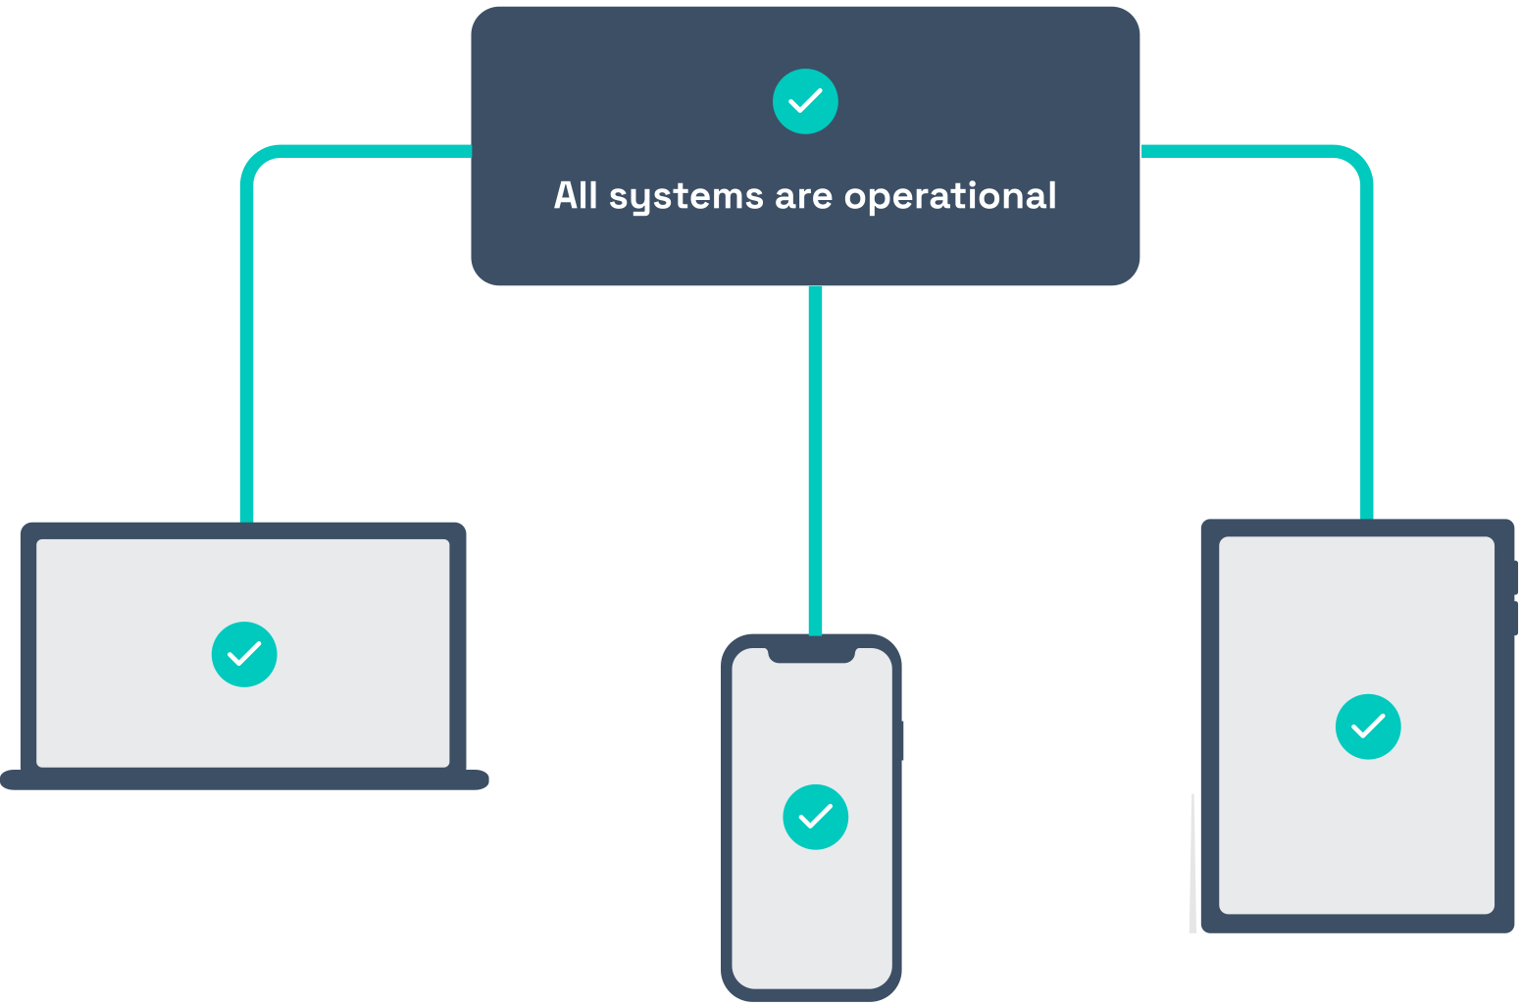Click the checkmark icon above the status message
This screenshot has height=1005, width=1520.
805,101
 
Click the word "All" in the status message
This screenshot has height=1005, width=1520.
576,195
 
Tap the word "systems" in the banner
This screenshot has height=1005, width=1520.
685,197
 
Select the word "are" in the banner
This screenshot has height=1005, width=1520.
803,197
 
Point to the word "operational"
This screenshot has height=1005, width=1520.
950,197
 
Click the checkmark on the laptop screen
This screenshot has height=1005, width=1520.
244,654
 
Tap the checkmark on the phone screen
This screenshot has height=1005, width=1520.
815,817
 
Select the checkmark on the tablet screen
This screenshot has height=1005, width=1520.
1368,727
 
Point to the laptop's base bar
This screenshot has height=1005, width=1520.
244,780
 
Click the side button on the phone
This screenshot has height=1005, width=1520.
901,740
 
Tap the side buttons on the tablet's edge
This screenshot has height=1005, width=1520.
1516,598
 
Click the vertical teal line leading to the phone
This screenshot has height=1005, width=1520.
815,461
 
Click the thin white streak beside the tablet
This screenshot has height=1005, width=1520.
1192,863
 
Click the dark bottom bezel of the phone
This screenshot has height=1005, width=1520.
812,994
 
